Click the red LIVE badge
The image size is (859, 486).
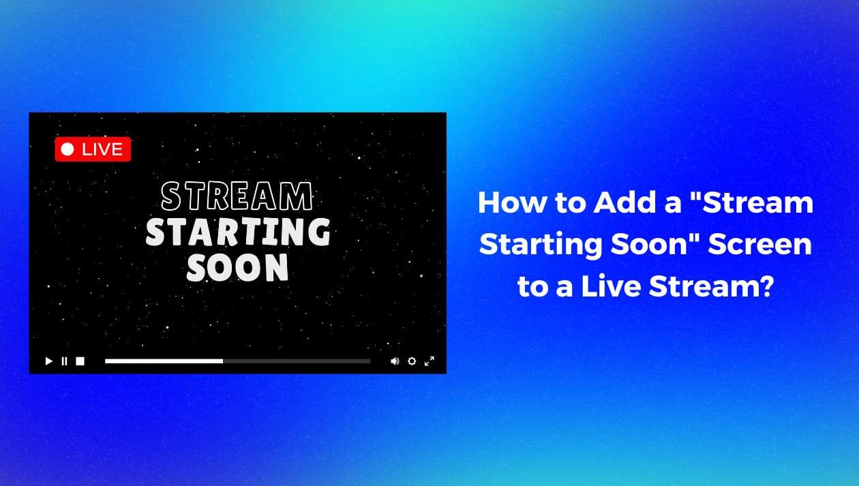(93, 149)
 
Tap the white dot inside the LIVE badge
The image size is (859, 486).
(67, 149)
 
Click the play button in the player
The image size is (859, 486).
(48, 361)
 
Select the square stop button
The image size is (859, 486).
(80, 361)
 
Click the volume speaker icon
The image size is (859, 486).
(395, 361)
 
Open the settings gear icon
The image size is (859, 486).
(412, 361)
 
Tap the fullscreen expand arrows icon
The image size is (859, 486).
(429, 361)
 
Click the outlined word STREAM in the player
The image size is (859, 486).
(237, 196)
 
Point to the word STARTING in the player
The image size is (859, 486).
(238, 232)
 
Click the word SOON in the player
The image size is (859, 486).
(237, 267)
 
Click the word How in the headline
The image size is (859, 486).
(513, 202)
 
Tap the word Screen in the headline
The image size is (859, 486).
(760, 244)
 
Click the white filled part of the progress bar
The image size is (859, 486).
(164, 361)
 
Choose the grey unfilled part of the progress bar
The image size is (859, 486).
(297, 361)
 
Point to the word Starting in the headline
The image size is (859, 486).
(541, 245)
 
